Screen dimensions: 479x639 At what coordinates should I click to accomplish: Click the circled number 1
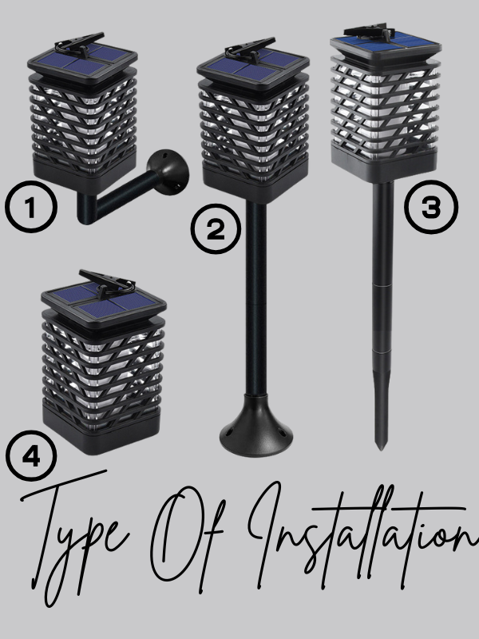pos(31,207)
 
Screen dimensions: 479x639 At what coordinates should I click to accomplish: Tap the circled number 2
pos(216,229)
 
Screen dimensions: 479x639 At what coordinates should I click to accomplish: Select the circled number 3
pos(431,207)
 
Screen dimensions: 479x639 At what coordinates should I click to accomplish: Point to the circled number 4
pos(31,455)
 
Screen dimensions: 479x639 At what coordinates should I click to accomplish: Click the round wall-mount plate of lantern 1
pos(168,172)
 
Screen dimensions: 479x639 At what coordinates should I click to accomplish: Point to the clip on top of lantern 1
pos(81,45)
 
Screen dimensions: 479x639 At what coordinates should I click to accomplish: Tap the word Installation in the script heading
pos(362,534)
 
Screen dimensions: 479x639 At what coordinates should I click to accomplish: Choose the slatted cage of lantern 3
pos(386,107)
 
